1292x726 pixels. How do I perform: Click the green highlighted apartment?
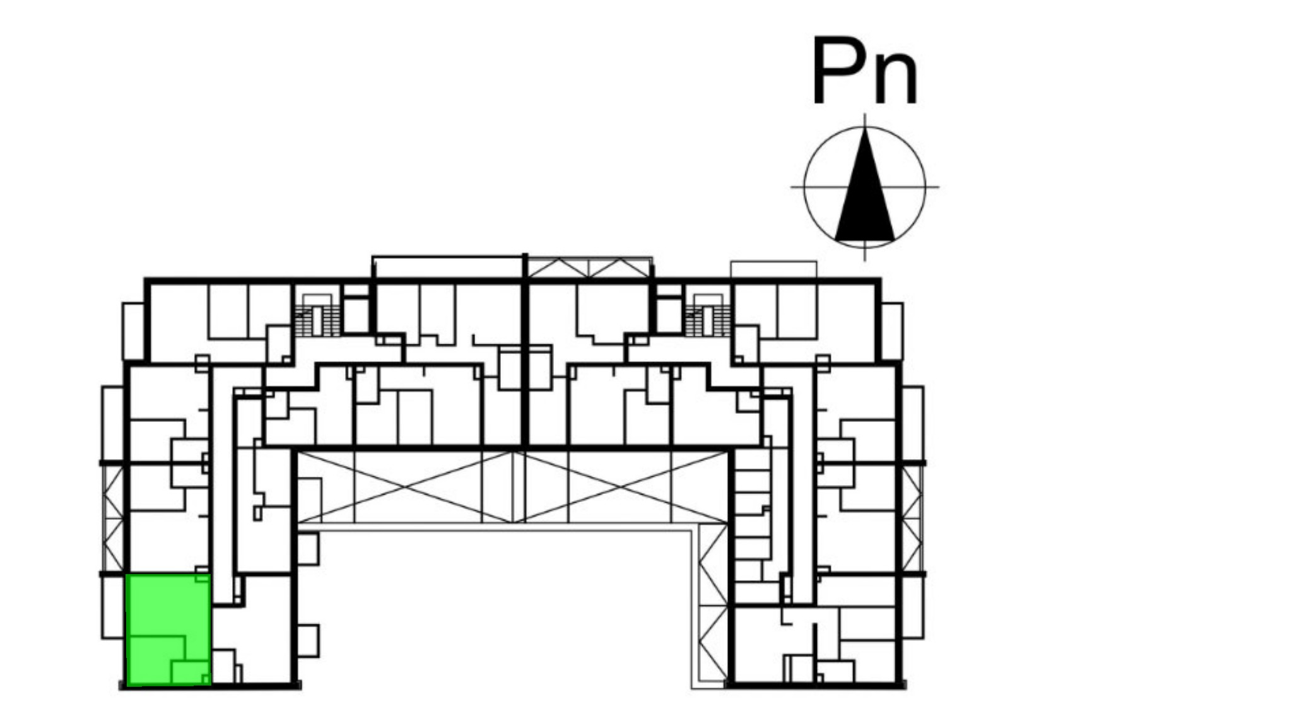click(169, 629)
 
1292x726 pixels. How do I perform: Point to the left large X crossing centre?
click(405, 486)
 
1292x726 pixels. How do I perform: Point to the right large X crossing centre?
click(622, 486)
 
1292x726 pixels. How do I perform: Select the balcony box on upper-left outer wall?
click(133, 332)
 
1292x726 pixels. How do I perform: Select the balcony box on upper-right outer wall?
click(892, 332)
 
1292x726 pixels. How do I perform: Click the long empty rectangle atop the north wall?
click(448, 267)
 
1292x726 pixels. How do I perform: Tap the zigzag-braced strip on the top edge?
click(589, 267)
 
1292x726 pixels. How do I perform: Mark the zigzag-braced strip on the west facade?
click(114, 518)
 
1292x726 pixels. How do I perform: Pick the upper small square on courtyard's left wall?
click(308, 549)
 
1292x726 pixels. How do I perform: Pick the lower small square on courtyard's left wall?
click(308, 641)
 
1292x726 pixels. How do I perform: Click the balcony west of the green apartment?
click(113, 607)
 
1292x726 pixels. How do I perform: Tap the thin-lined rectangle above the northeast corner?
click(773, 269)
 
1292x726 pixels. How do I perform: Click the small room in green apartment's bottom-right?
click(191, 672)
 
